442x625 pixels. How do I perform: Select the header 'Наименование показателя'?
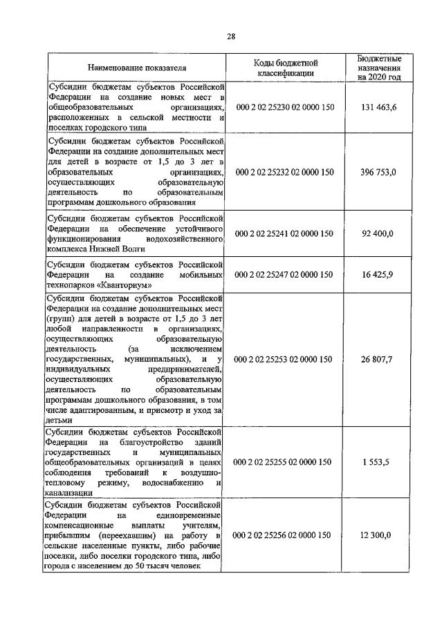coord(136,68)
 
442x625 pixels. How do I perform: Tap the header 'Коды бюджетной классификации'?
coord(286,68)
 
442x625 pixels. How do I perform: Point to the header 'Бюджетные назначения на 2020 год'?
coord(378,68)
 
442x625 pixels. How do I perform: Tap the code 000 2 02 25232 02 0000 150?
coord(285,172)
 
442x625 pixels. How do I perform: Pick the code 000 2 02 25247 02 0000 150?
coord(285,274)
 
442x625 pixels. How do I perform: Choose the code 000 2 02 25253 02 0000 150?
coord(285,359)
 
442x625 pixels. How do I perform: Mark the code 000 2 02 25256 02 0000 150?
coord(285,535)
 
